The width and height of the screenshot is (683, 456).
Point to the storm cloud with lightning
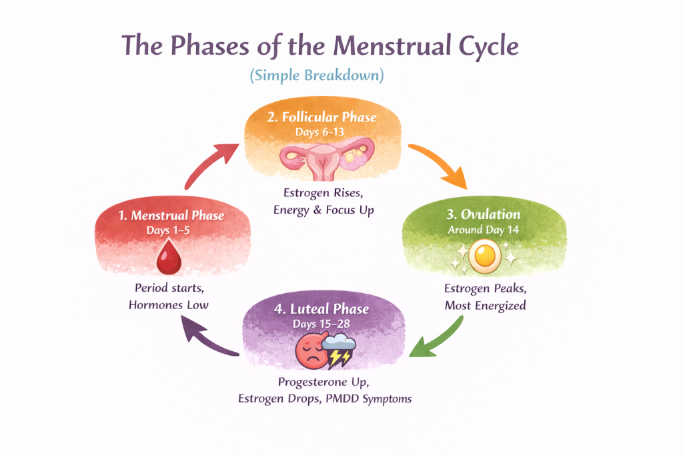pyautogui.click(x=339, y=351)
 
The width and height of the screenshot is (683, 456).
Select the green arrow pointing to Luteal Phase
pyautogui.click(x=440, y=340)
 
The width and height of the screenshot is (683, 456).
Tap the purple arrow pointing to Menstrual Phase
pyautogui.click(x=208, y=336)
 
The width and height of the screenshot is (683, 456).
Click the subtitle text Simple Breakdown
pyautogui.click(x=317, y=75)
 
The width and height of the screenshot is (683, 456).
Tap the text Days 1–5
pyautogui.click(x=167, y=230)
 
